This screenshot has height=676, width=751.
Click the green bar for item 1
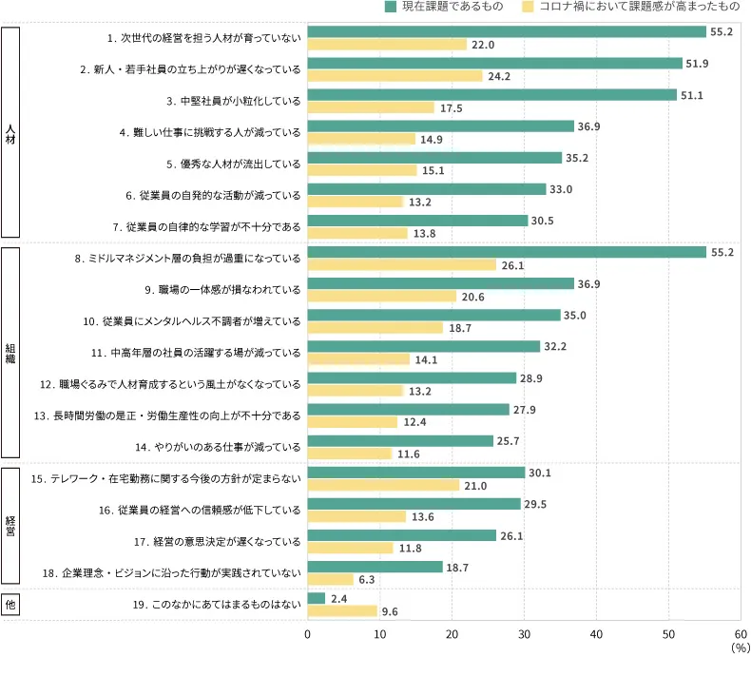507,32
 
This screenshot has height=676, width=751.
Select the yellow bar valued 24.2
395,76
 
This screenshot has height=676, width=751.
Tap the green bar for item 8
507,252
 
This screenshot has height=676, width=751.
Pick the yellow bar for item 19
342,611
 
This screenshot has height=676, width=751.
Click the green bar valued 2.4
317,598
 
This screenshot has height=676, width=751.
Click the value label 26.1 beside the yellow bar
513,265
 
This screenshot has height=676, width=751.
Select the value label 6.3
367,579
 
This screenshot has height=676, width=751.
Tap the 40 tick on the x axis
596,633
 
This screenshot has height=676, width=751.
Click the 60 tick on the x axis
740,633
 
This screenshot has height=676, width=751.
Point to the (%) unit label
741,647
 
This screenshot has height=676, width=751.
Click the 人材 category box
10,131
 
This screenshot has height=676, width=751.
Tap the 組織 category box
10,352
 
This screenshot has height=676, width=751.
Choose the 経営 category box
10,525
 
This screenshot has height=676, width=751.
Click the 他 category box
10,605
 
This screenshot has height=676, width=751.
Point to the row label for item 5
233,164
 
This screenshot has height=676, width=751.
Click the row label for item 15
166,478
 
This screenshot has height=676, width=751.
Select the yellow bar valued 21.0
383,485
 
